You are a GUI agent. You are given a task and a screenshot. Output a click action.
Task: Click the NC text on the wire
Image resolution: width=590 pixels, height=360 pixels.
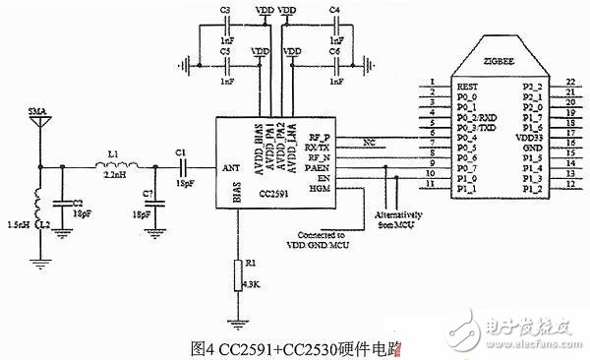pos(370,141)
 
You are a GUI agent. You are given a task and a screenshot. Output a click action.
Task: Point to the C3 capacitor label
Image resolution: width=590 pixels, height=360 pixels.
pos(225,9)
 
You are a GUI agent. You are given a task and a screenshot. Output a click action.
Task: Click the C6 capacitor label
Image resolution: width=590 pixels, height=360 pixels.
pos(335,50)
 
